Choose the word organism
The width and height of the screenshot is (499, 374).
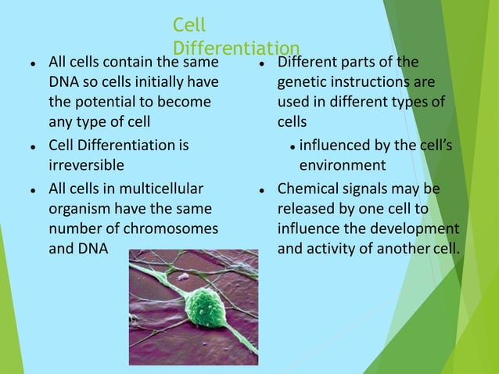tap(77, 209)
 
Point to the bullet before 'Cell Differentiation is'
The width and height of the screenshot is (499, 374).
tap(29, 146)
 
